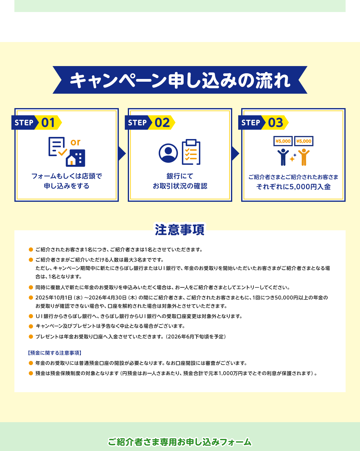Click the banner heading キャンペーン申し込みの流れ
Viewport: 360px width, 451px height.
(180, 80)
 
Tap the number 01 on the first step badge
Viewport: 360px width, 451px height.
(48, 123)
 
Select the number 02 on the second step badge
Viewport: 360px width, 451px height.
(162, 123)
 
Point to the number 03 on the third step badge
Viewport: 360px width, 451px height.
(275, 123)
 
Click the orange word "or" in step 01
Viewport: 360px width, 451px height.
(75, 142)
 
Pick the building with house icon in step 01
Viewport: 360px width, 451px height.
(75, 158)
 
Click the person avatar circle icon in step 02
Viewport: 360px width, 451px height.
(168, 153)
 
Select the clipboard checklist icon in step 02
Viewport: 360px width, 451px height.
(191, 152)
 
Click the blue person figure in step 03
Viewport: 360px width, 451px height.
(283, 157)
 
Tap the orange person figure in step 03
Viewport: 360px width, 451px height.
(304, 157)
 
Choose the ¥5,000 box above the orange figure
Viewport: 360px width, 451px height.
(304, 141)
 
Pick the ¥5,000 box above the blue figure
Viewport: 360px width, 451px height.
(283, 141)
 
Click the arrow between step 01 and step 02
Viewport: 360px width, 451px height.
(122, 154)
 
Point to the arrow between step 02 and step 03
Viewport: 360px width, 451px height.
(235, 154)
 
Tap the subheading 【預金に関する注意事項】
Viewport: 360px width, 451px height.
(55, 353)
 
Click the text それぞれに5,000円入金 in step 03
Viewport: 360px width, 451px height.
(293, 187)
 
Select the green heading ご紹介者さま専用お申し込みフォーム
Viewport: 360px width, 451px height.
(180, 442)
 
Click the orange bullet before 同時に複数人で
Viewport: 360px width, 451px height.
(31, 287)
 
